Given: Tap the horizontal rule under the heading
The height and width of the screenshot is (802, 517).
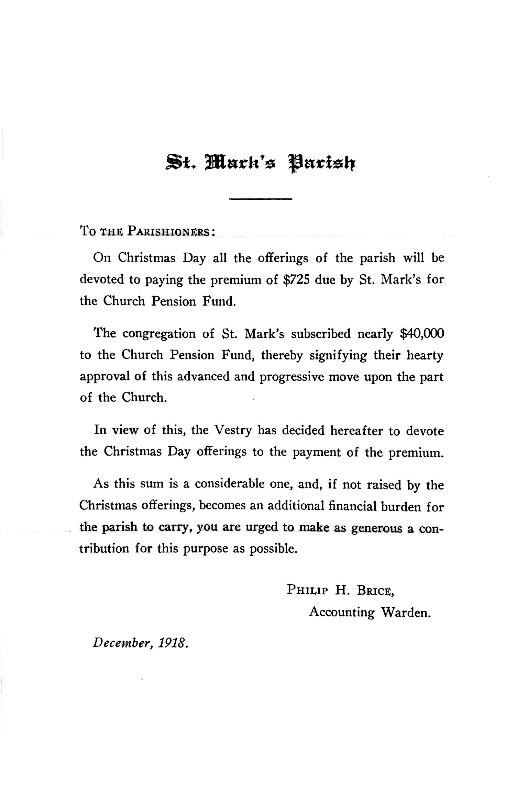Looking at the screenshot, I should (x=260, y=199).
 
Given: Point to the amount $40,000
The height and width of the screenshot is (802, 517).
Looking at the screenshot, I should (x=422, y=333).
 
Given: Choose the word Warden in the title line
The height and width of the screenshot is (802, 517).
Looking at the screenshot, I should (x=406, y=612).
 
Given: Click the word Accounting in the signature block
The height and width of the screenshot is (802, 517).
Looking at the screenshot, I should (x=341, y=612).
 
